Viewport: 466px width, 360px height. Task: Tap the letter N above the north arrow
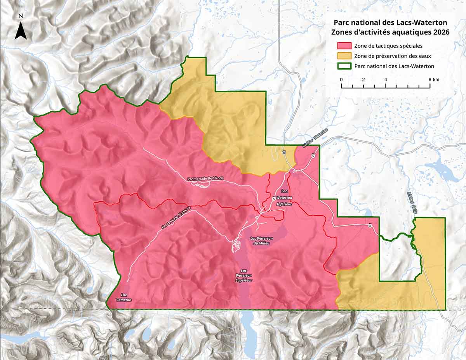click(x=21, y=16)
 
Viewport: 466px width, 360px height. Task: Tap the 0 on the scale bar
click(x=341, y=79)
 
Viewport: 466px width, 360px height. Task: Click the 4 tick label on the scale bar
click(x=386, y=79)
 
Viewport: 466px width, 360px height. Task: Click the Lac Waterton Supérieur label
click(x=244, y=275)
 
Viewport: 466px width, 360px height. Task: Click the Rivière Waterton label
click(x=315, y=139)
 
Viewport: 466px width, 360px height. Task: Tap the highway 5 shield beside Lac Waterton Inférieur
click(x=274, y=199)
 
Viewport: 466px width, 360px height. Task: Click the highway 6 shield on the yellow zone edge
click(x=284, y=152)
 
